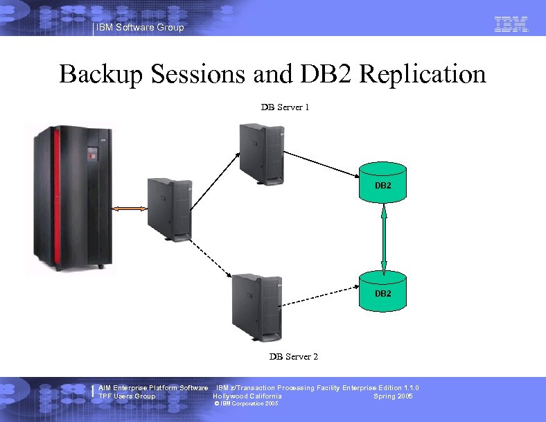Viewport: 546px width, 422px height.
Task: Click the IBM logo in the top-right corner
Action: point(511,25)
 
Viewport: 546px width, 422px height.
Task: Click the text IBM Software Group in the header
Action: point(141,28)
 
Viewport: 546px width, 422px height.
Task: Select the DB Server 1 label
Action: point(285,107)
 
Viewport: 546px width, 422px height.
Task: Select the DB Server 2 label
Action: point(294,357)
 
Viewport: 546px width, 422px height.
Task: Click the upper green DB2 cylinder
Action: point(383,182)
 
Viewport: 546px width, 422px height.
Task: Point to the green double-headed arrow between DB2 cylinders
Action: point(383,236)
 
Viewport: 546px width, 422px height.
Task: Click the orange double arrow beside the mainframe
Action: point(129,208)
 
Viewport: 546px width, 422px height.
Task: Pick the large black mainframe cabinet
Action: point(69,197)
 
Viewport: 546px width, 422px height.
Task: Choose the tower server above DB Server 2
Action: point(256,306)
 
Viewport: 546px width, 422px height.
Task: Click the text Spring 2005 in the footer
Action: point(393,396)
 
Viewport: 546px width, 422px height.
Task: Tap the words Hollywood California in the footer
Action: point(247,396)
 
